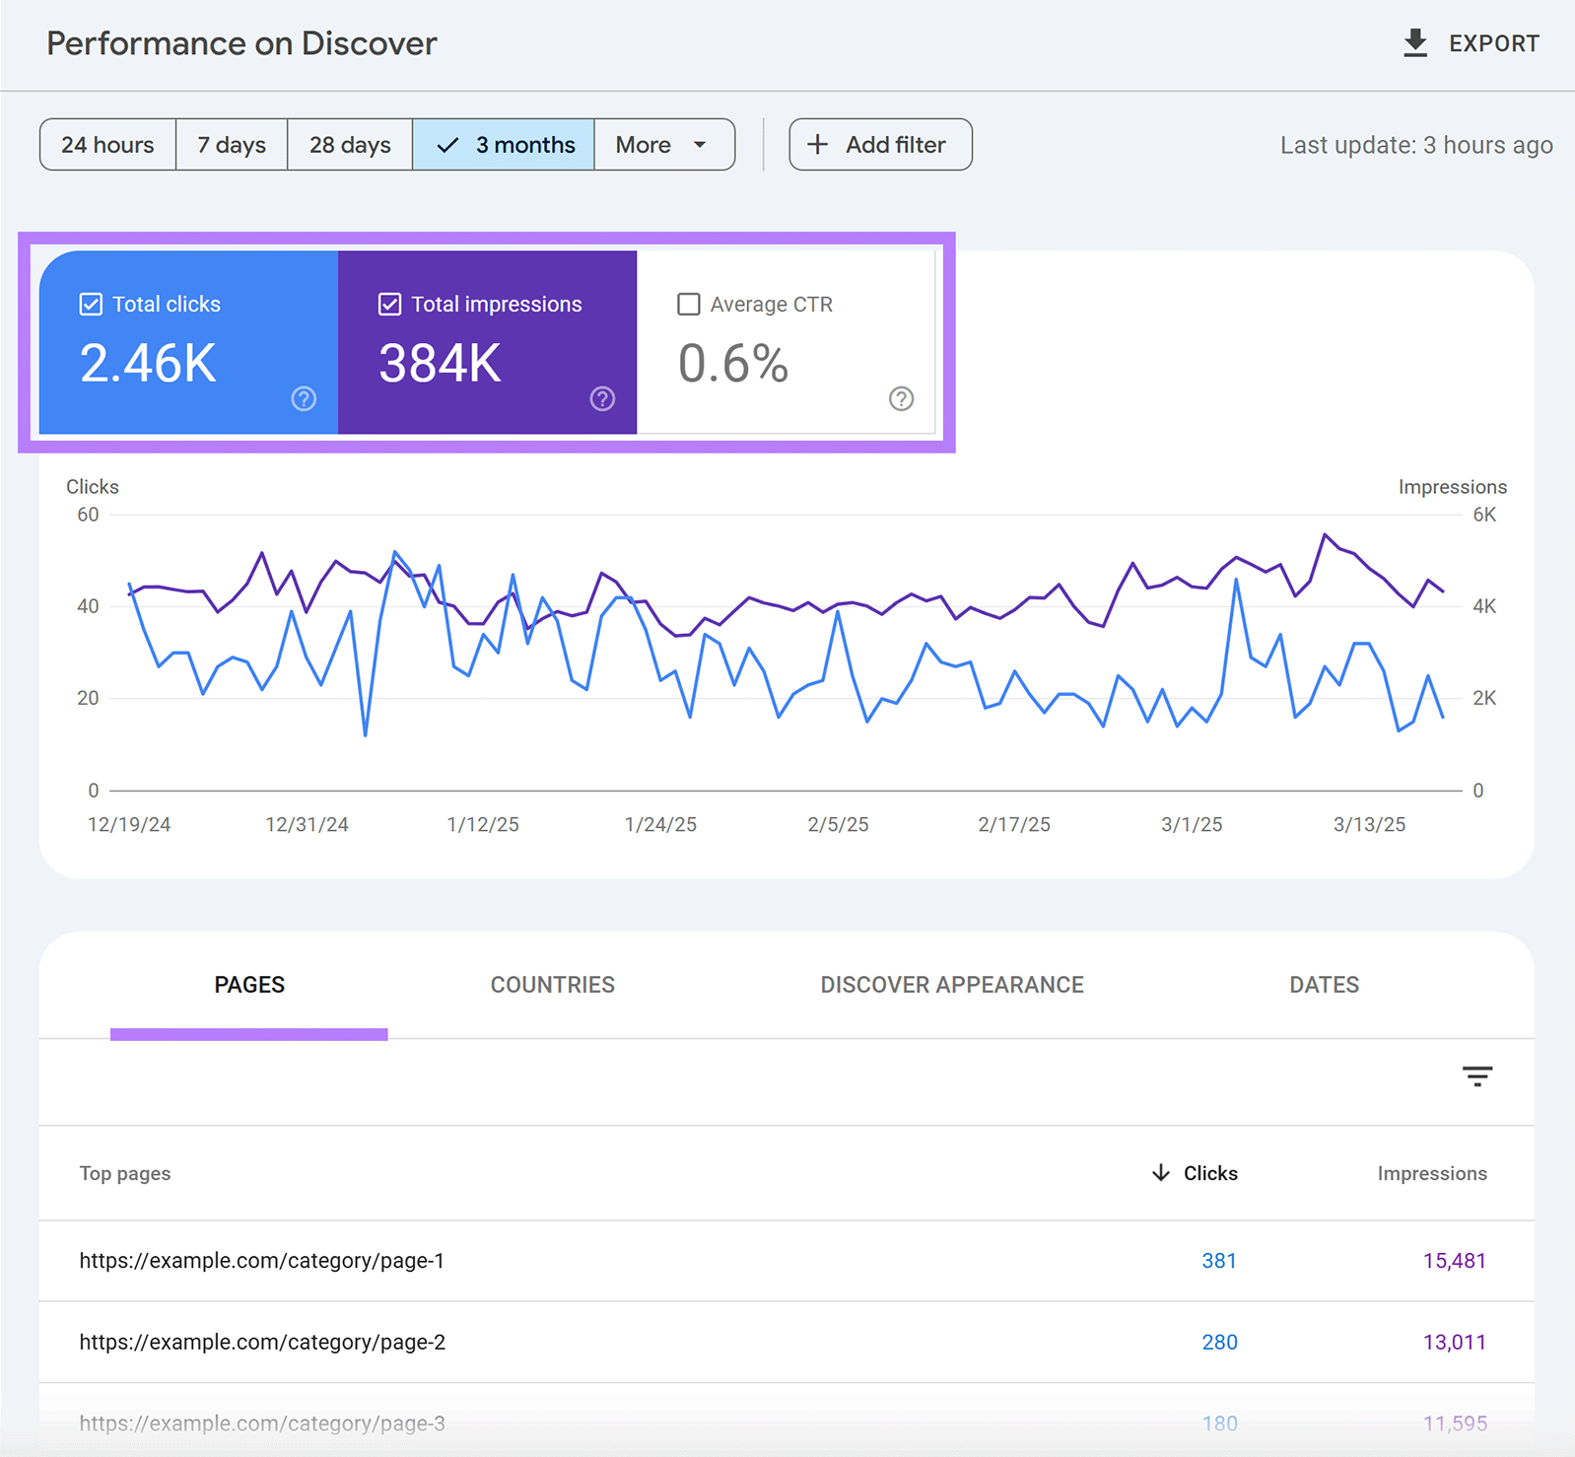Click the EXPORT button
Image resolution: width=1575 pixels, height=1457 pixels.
click(1471, 43)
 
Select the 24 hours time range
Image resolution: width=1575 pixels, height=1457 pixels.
click(107, 145)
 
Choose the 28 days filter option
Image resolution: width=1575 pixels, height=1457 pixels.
click(350, 145)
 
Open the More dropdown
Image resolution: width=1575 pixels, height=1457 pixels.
click(663, 145)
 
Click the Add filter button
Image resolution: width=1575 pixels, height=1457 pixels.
click(880, 145)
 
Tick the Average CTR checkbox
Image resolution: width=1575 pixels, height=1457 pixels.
click(689, 305)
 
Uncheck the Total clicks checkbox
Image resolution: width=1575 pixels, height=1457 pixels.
click(91, 305)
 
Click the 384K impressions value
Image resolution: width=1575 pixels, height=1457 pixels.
click(440, 363)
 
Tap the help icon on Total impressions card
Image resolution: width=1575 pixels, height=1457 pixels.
click(602, 398)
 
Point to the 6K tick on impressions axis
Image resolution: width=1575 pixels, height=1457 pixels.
click(1483, 515)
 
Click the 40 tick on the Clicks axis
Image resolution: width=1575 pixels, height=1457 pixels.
click(88, 606)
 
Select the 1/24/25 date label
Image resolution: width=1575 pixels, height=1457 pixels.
click(660, 825)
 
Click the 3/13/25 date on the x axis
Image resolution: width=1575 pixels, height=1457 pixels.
click(1369, 825)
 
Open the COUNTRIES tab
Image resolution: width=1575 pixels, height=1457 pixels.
click(552, 985)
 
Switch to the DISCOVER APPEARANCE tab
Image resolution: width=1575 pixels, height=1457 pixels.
click(951, 985)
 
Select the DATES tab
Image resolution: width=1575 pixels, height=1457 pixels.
click(1324, 985)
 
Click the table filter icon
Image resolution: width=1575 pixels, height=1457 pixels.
click(1476, 1075)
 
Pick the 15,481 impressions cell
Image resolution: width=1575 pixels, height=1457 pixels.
click(1454, 1261)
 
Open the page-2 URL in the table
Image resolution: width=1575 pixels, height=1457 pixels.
click(262, 1343)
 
